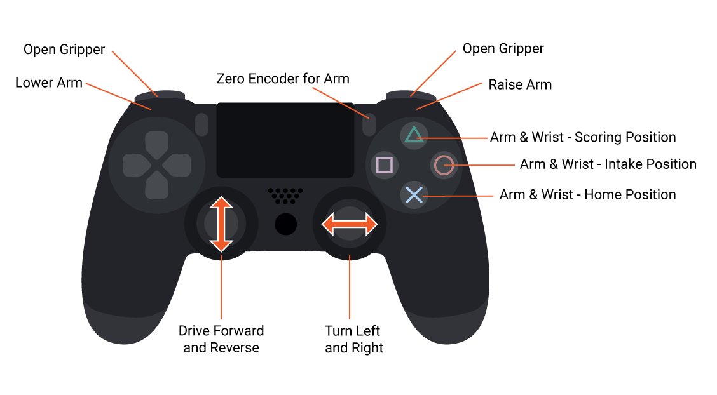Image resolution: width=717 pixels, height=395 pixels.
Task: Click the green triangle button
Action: [x=414, y=135]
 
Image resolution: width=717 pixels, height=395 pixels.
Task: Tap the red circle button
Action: [x=443, y=166]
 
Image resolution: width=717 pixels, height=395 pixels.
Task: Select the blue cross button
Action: [x=414, y=195]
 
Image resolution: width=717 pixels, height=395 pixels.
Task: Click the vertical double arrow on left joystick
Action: [x=221, y=224]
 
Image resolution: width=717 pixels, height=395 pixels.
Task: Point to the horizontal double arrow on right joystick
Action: [x=350, y=224]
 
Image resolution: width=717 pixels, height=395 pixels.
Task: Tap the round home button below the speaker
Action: [x=286, y=224]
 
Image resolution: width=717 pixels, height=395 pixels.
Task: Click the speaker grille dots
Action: [x=285, y=195]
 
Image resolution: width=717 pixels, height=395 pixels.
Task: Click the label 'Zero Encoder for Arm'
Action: [x=283, y=79]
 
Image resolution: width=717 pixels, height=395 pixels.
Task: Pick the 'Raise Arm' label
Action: [x=520, y=84]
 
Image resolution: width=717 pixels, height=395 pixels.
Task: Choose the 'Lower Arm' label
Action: [x=49, y=83]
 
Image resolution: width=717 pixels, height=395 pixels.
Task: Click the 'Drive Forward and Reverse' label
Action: [x=221, y=339]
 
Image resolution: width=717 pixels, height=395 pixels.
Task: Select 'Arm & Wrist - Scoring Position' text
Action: [x=583, y=137]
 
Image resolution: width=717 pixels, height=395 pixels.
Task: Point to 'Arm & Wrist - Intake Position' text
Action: [x=608, y=164]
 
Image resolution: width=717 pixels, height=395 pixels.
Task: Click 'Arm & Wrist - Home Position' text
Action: [x=587, y=194]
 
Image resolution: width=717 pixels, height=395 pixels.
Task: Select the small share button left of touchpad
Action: [x=202, y=124]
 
